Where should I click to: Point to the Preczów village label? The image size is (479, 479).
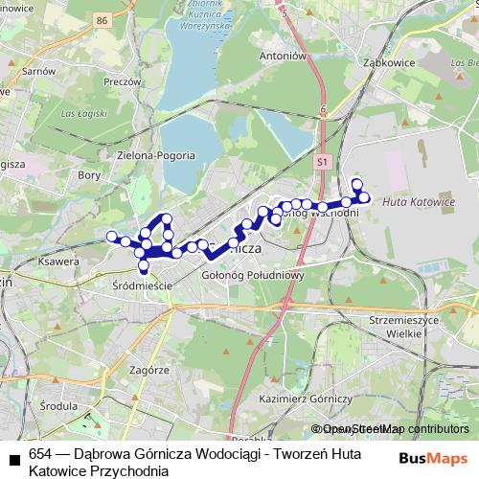pyautogui.click(x=123, y=82)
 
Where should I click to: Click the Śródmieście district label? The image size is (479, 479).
pyautogui.click(x=140, y=285)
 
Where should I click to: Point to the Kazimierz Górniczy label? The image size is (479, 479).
pyautogui.click(x=307, y=397)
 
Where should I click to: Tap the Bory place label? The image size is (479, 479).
pyautogui.click(x=88, y=175)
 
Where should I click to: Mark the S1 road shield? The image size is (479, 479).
pyautogui.click(x=324, y=163)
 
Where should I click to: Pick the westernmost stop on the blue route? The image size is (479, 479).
pyautogui.click(x=111, y=236)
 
